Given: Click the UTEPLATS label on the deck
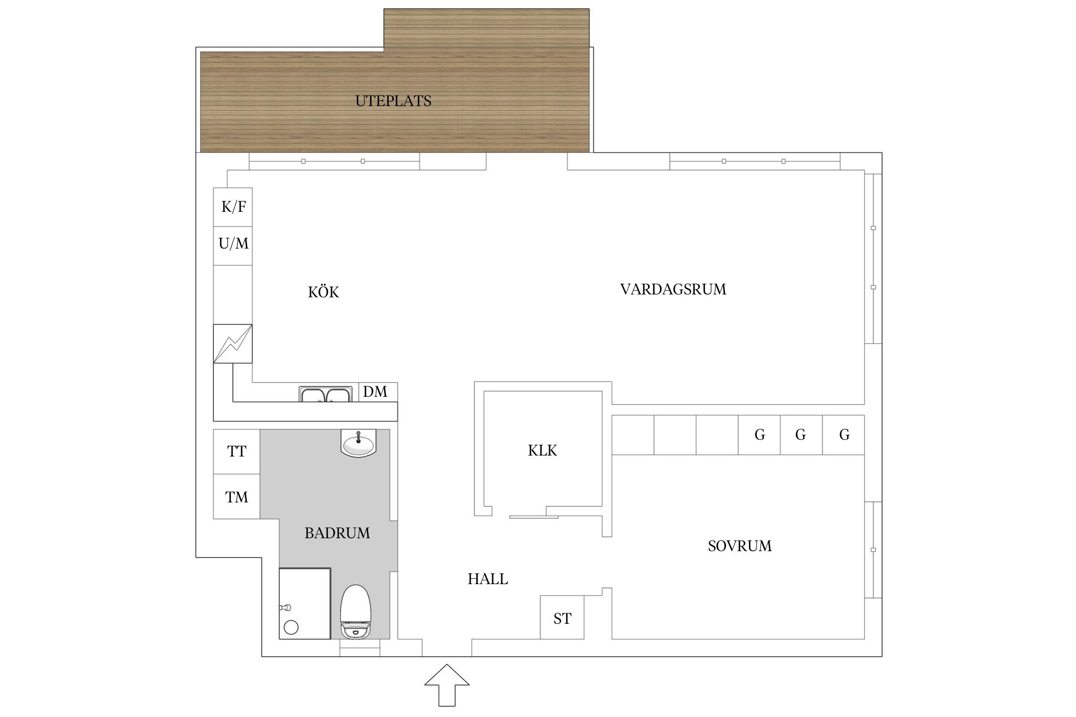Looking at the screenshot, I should pyautogui.click(x=393, y=101).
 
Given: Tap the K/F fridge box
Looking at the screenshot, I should pyautogui.click(x=233, y=207).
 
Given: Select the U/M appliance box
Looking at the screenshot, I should pyautogui.click(x=233, y=244).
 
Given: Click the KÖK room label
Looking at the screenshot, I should pyautogui.click(x=323, y=292).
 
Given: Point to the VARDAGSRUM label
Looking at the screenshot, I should pyautogui.click(x=673, y=289).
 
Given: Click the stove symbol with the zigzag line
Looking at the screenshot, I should pyautogui.click(x=232, y=344).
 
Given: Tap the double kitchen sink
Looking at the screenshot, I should pyautogui.click(x=326, y=394).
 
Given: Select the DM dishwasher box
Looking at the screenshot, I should pyautogui.click(x=375, y=392).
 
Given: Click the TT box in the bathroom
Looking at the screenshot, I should pyautogui.click(x=237, y=451).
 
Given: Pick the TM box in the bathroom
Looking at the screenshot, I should pyautogui.click(x=237, y=497).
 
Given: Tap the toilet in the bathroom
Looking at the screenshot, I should pyautogui.click(x=355, y=612).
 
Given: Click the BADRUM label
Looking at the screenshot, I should pyautogui.click(x=337, y=533).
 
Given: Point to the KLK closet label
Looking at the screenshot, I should pyautogui.click(x=542, y=450).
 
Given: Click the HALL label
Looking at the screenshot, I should pyautogui.click(x=487, y=579).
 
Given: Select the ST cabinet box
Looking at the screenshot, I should pyautogui.click(x=562, y=619).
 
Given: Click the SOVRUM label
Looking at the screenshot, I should pyautogui.click(x=739, y=546).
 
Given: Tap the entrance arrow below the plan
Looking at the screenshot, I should pyautogui.click(x=447, y=685).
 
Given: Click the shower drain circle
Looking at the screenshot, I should pyautogui.click(x=291, y=627).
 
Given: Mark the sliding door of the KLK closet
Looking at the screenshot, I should pyautogui.click(x=533, y=517).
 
